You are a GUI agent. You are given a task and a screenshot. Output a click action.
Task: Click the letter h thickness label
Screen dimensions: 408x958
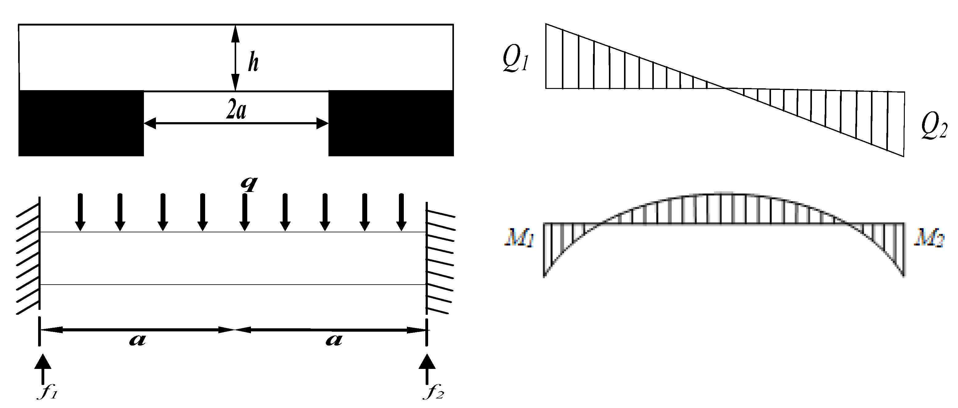click(253, 62)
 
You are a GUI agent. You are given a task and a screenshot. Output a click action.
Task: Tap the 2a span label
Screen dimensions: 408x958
click(236, 110)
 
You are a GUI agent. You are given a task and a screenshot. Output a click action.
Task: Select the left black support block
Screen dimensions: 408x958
click(81, 123)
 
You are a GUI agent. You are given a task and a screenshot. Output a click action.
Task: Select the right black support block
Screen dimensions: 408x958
click(391, 123)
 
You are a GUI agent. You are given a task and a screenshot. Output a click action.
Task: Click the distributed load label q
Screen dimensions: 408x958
click(249, 183)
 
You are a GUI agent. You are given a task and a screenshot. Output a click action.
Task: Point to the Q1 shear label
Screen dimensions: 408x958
click(515, 59)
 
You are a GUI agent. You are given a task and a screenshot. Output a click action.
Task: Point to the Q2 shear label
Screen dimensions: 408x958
click(934, 126)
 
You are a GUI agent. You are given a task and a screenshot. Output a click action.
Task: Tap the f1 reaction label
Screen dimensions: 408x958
click(47, 392)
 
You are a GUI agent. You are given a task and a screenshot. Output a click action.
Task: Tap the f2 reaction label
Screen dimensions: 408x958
click(434, 392)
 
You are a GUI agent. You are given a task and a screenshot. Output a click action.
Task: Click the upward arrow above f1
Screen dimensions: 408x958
click(43, 368)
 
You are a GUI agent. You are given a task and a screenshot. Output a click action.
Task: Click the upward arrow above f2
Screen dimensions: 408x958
click(427, 368)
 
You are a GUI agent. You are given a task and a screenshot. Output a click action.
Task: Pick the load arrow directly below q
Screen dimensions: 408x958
click(244, 212)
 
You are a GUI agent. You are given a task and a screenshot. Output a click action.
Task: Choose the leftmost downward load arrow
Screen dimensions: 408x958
click(80, 212)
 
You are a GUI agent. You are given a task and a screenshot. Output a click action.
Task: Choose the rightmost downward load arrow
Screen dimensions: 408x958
click(401, 212)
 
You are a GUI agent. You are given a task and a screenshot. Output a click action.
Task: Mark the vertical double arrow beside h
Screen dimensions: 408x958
click(235, 58)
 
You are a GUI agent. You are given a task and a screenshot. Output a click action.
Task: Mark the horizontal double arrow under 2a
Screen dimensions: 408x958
click(236, 123)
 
